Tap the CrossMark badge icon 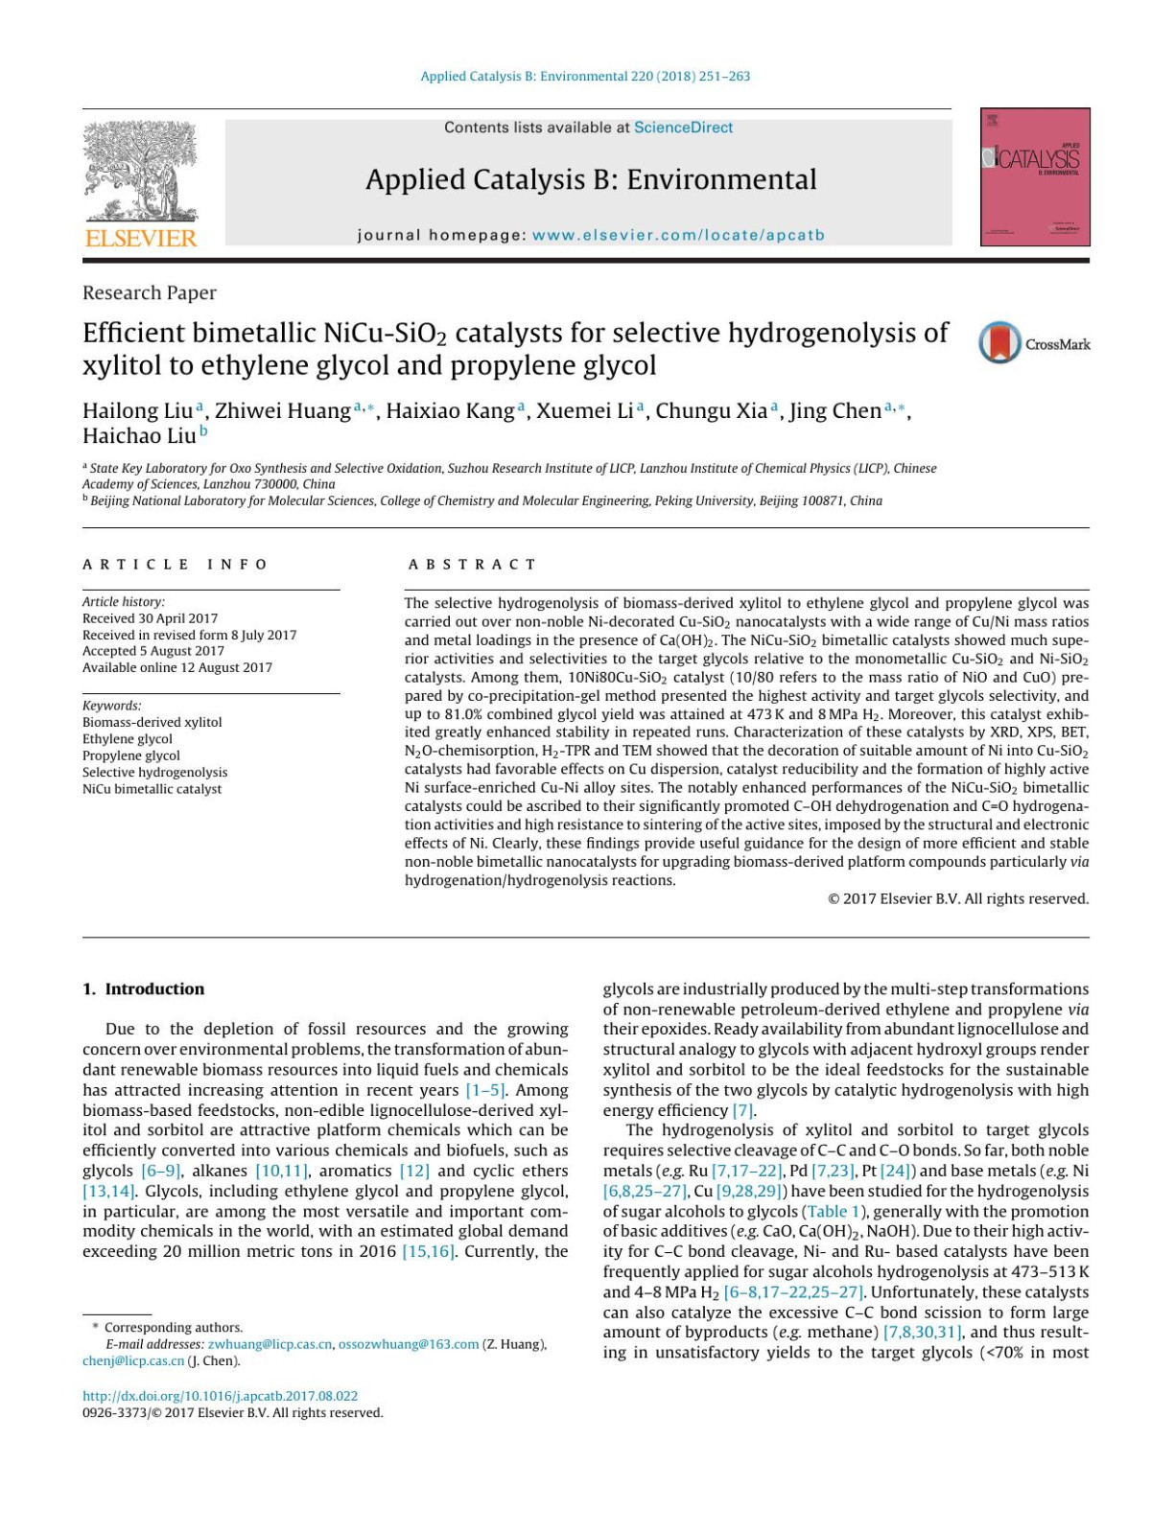click(999, 343)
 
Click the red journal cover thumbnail click(1034, 176)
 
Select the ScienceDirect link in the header click(683, 128)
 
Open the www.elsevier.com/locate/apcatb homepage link click(677, 235)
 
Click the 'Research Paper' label click(150, 292)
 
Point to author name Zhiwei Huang click(282, 411)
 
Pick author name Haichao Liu click(139, 436)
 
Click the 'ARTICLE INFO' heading click(175, 564)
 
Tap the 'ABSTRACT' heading click(472, 564)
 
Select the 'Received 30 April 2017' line click(150, 618)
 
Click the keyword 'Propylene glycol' click(130, 755)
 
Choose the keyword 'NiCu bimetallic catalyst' click(152, 789)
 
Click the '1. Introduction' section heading click(143, 988)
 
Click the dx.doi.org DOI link click(220, 1396)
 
